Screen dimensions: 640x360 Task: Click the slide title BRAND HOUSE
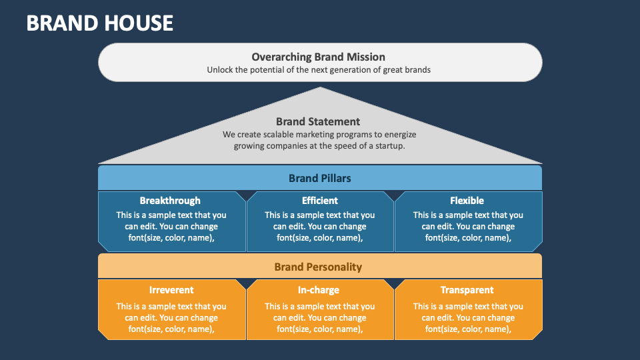(99, 23)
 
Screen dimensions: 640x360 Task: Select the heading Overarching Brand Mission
(319, 57)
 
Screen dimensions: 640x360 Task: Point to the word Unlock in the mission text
(219, 70)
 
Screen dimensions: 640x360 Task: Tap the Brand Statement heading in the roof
(318, 121)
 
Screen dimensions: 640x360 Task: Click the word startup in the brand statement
(389, 146)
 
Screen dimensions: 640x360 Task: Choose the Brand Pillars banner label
(319, 179)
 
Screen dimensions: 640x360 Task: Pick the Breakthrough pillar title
(170, 201)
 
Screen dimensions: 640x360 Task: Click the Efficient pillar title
(320, 201)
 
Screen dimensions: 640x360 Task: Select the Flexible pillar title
(467, 201)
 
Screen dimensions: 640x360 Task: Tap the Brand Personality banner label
(318, 267)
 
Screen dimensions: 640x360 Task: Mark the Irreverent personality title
(171, 290)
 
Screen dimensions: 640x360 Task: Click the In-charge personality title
(319, 290)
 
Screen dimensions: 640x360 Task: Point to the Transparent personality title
(467, 290)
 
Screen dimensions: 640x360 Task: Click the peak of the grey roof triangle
(321, 87)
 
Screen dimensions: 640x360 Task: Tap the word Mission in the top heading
(366, 57)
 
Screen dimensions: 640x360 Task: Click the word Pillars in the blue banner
(335, 179)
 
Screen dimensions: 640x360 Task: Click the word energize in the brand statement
(399, 135)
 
